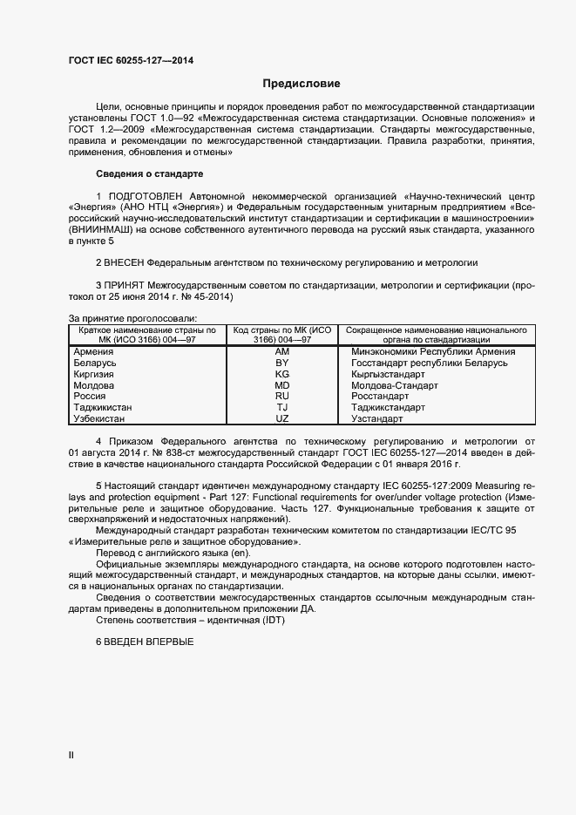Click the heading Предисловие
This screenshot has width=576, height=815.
(x=301, y=85)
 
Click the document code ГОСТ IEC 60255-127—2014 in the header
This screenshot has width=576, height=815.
(x=131, y=60)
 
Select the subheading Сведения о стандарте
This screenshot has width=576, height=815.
(x=148, y=174)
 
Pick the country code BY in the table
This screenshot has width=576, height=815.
(x=281, y=363)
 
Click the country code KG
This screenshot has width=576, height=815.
(x=281, y=374)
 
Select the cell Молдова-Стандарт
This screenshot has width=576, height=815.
(x=394, y=385)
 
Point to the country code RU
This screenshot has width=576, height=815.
(x=281, y=397)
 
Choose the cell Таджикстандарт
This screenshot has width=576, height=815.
(x=388, y=408)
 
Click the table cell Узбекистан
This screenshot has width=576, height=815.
(x=99, y=419)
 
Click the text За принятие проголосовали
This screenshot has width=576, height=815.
(x=132, y=319)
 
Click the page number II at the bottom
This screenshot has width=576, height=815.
(x=71, y=757)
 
